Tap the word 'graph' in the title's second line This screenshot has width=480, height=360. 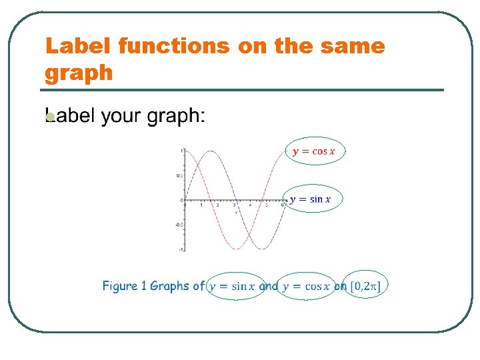pyautogui.click(x=79, y=72)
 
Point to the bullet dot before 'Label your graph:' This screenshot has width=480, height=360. pyautogui.click(x=49, y=118)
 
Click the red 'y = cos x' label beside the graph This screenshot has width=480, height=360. pyautogui.click(x=314, y=151)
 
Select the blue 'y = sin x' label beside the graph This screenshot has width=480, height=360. pyautogui.click(x=315, y=199)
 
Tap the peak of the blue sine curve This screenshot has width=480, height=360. pyautogui.click(x=210, y=151)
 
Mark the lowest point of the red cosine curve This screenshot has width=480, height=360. pyautogui.click(x=235, y=249)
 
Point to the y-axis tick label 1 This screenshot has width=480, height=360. pyautogui.click(x=181, y=151)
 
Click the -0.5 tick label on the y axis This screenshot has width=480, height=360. pyautogui.click(x=179, y=225)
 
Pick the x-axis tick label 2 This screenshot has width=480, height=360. pyautogui.click(x=217, y=205)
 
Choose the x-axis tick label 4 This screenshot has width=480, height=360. pyautogui.click(x=250, y=205)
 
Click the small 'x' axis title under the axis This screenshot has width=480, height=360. pyautogui.click(x=235, y=211)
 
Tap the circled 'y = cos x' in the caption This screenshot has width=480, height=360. pyautogui.click(x=306, y=287)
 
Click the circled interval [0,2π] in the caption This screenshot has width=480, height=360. pyautogui.click(x=367, y=287)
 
